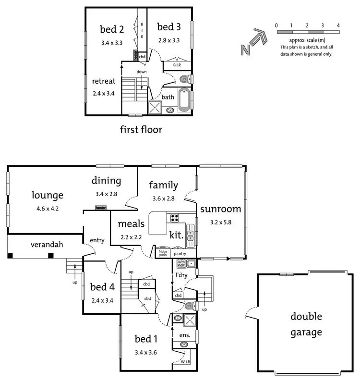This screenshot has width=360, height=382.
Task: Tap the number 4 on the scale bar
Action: (339, 25)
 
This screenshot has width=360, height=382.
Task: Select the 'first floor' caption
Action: (141, 130)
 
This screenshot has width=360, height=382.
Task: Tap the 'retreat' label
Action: (104, 81)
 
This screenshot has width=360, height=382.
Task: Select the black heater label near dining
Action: (101, 208)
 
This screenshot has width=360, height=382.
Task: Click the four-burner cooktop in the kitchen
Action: (174, 218)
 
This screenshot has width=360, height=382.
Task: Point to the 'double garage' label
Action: (306, 324)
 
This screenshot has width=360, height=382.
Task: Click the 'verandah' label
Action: (47, 244)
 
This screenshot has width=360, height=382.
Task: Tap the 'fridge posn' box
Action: (163, 253)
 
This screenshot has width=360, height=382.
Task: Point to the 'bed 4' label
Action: (103, 288)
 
